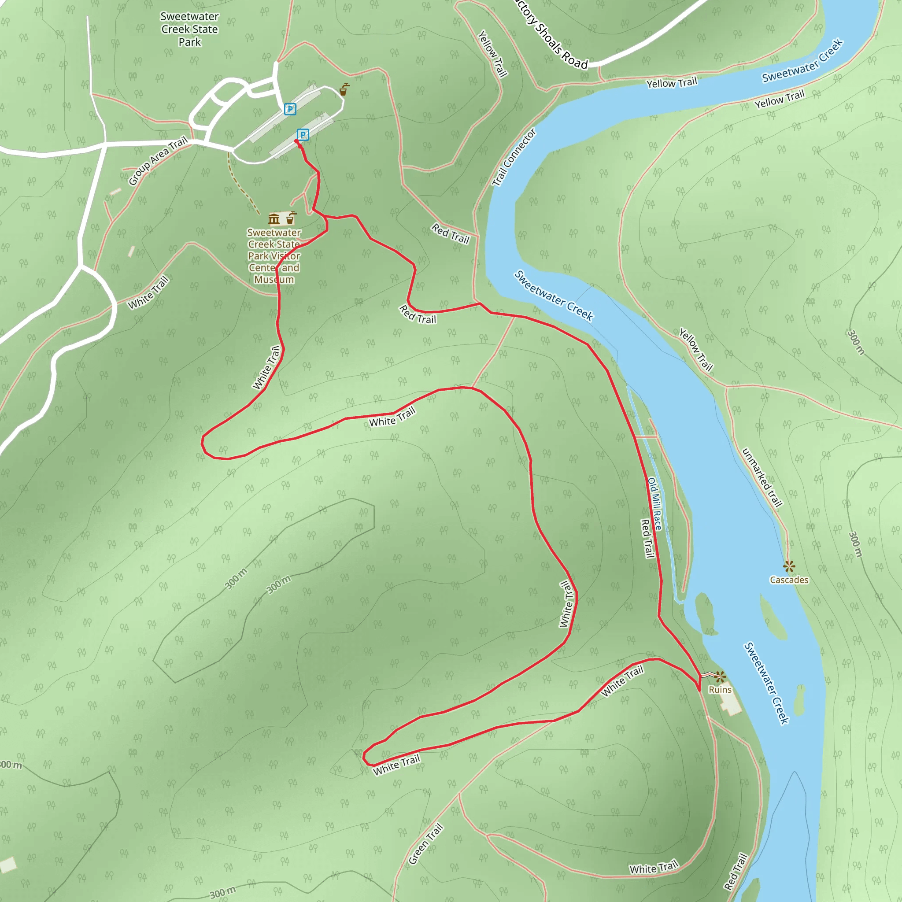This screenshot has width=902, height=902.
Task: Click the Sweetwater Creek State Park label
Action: point(189,30)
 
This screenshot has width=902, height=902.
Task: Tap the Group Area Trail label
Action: point(158,161)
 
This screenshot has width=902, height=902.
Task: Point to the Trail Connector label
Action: point(514,157)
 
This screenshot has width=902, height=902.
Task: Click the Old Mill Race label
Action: point(654,504)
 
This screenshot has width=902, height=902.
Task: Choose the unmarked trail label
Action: point(762,477)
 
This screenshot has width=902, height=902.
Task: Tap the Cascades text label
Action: point(789,580)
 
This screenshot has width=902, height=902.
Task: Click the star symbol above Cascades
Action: point(789,567)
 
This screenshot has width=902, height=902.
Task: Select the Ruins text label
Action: point(720,690)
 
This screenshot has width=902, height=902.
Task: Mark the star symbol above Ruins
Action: point(721,676)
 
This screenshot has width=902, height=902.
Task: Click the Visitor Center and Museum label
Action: point(274,256)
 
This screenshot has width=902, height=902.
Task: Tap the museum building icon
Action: point(274,218)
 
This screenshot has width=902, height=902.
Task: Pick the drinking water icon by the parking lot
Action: point(344,90)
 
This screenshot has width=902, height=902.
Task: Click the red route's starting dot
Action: point(296,141)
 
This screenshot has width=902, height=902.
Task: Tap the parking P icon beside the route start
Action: point(303,135)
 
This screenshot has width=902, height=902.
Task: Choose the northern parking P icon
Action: point(290,109)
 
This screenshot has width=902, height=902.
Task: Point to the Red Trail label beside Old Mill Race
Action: point(647,538)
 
